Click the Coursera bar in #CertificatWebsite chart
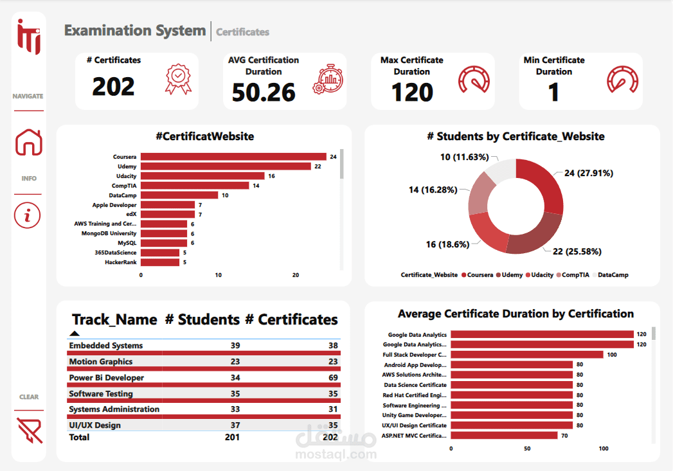pos(233,157)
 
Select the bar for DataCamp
pos(179,195)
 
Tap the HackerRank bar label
pos(120,262)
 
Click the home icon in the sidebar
pos(28,143)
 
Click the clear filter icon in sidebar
pos(29,430)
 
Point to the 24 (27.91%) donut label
pos(589,173)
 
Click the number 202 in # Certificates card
pos(113,87)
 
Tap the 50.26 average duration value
pos(264,93)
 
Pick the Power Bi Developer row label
pos(107,378)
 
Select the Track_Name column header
pos(114,319)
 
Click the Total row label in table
pos(79,437)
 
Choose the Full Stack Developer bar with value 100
pos(526,355)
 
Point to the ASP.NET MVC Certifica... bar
pos(504,436)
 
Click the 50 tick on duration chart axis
pos(527,449)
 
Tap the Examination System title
pos(135,30)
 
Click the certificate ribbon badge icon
pos(178,79)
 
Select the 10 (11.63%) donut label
pos(464,157)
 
